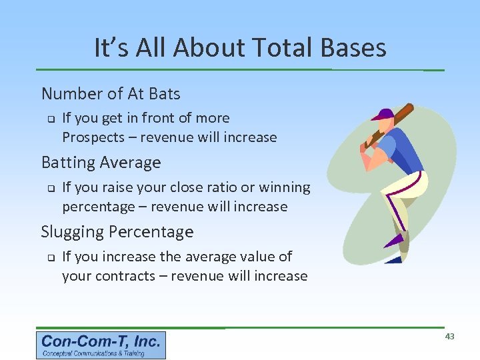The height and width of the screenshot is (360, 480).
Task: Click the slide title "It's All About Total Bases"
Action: tap(240, 48)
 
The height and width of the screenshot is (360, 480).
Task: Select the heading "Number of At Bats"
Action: tap(111, 93)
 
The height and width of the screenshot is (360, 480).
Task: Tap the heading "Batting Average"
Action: tap(101, 163)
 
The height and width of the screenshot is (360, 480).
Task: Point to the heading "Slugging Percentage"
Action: tap(117, 232)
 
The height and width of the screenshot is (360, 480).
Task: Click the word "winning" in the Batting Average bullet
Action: tap(285, 188)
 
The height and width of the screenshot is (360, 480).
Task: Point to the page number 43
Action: tap(449, 337)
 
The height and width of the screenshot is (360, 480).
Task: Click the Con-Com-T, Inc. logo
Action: tap(101, 345)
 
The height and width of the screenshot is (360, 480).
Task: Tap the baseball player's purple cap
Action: tap(383, 114)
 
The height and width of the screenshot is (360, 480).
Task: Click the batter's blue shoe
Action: tap(394, 259)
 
